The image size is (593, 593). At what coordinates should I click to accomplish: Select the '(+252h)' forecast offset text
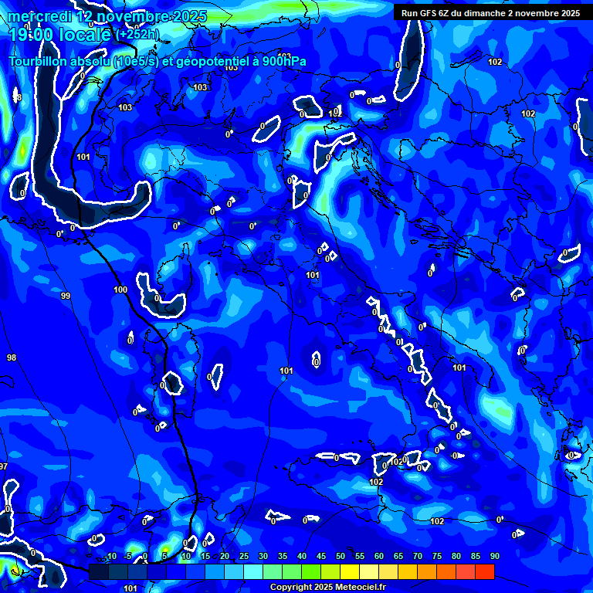[137, 35]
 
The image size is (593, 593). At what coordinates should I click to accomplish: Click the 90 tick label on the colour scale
[494, 557]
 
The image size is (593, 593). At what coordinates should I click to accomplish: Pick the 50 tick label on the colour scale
[341, 557]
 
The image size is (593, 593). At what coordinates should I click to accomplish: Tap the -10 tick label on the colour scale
[110, 557]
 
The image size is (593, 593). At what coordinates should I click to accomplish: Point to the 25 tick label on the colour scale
[244, 557]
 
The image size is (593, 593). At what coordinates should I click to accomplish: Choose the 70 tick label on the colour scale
[418, 557]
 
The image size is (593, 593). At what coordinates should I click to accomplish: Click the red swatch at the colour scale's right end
[484, 571]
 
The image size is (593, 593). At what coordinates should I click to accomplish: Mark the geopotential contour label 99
[66, 296]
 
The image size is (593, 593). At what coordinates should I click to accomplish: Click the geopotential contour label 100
[120, 290]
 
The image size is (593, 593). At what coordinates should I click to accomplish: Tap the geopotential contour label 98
[12, 357]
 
